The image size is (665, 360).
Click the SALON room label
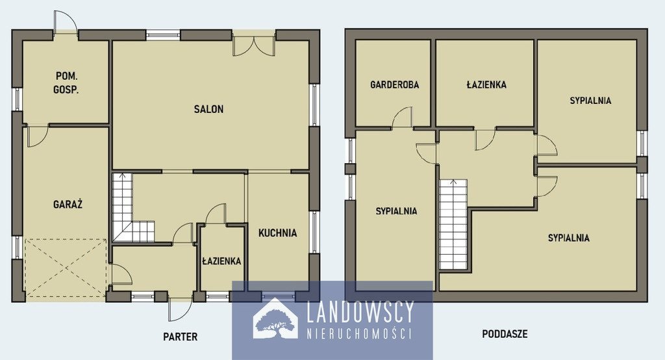point(208,109)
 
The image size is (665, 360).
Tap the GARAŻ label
point(68,204)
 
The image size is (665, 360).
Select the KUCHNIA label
point(278,233)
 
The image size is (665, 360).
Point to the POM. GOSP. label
point(67,83)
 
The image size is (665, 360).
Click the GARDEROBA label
point(394,84)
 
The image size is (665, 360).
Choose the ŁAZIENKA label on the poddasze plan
point(486,84)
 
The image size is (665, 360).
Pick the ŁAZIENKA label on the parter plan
point(221,261)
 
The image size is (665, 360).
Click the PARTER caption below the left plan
point(181,337)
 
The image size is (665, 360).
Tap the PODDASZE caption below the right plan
point(505,334)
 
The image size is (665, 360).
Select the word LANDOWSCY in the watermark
point(360,313)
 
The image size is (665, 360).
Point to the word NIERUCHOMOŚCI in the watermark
point(359,333)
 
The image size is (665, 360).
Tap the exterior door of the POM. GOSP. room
point(66,22)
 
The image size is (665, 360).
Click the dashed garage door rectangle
point(66,268)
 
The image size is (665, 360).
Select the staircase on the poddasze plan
point(453,225)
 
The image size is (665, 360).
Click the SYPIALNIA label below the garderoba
point(396,211)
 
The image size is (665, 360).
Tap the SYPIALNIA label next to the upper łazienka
point(590,101)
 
